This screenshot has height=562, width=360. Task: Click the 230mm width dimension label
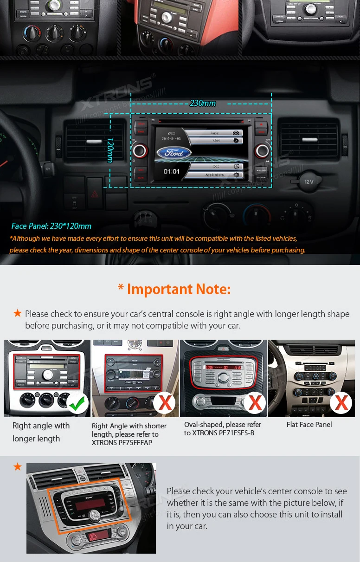(203, 103)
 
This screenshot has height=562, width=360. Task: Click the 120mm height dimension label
(110, 150)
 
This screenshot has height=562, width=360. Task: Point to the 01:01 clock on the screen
(171, 172)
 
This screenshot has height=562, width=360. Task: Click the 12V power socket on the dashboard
(309, 181)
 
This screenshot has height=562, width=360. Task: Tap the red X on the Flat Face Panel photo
(341, 402)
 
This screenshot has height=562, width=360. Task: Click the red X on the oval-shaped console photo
(255, 403)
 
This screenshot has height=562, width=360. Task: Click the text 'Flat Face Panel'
(309, 425)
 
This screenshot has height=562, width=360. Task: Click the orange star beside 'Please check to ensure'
(18, 313)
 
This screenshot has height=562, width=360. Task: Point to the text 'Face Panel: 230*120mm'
(51, 226)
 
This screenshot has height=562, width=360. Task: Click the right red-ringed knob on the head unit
(262, 150)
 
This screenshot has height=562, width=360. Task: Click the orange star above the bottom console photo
(18, 466)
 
